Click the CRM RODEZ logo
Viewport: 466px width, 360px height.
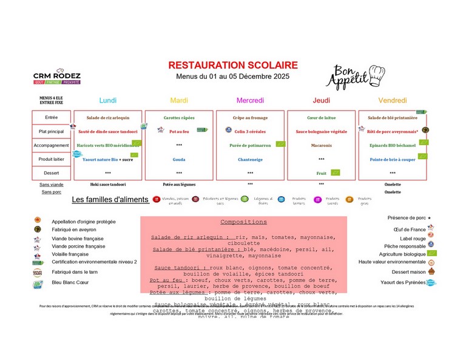[57, 75]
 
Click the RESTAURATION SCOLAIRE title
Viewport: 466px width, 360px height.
[233, 65]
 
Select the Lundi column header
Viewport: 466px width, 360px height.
[108, 100]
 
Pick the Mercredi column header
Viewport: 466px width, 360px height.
[250, 100]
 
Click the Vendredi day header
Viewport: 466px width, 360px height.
[393, 100]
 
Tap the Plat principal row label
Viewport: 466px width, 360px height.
[52, 131]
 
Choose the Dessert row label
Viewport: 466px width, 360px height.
[52, 173]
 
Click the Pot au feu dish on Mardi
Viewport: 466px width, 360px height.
[179, 131]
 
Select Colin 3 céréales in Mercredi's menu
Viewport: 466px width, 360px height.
[250, 131]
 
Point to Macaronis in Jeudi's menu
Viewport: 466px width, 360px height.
[322, 146]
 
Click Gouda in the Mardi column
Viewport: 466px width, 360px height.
[179, 160]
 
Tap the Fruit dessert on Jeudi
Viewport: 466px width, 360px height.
[322, 174]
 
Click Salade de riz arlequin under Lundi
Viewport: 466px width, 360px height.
[108, 117]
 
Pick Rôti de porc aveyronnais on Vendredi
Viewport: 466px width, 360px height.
[393, 131]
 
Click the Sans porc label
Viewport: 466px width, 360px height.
[52, 192]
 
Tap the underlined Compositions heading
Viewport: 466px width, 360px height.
[243, 222]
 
